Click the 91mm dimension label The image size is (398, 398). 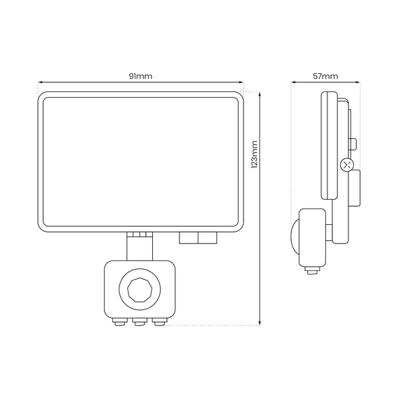tap(140, 76)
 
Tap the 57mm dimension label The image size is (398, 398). tap(325, 76)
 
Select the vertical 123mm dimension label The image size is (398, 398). tap(254, 154)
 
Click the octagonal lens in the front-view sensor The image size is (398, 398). tap(140, 290)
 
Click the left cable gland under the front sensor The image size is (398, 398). tap(120, 322)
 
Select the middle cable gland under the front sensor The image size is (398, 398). tap(139, 322)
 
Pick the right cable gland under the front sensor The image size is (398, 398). tap(159, 322)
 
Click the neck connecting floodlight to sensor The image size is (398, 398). tap(140, 246)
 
